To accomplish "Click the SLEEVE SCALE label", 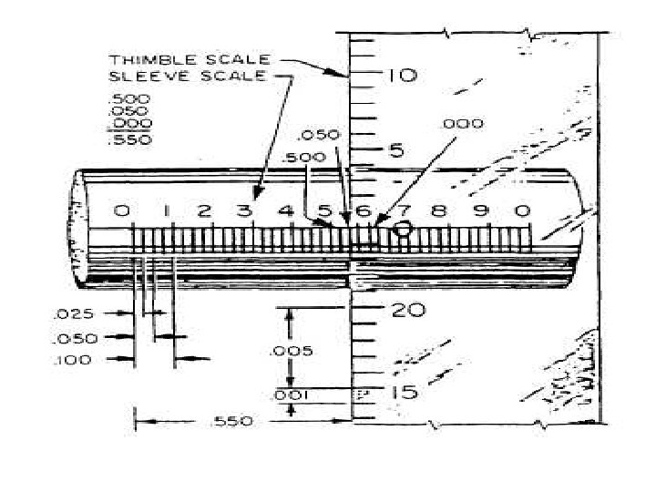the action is (x=187, y=76).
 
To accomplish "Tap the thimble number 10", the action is (x=400, y=76).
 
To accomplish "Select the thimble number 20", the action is (x=406, y=310).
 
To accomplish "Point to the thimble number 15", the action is (x=405, y=393).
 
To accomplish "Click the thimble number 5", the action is (x=397, y=150).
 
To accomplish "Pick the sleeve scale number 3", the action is (x=244, y=211).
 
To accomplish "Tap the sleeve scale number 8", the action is (x=439, y=211).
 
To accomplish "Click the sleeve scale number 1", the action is (x=168, y=211).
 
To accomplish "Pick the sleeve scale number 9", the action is (x=482, y=211).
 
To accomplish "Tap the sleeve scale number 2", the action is (x=204, y=211).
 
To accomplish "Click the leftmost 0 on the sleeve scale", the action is (x=123, y=211).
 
